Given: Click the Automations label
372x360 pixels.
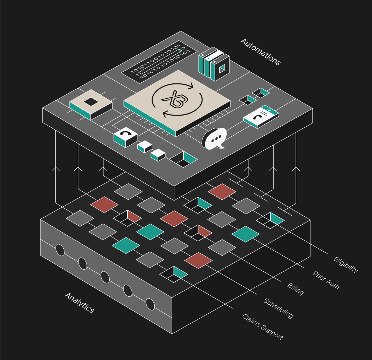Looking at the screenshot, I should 260,52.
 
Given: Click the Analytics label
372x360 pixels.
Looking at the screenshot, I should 79,303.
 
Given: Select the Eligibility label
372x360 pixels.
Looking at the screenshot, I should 346,265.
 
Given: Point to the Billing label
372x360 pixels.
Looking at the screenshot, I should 296,289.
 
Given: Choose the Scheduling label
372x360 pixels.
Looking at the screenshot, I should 278,308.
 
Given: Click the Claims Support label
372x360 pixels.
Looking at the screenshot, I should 262,327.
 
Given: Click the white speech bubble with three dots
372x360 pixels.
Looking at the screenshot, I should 215,138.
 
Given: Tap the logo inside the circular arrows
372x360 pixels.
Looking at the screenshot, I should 175,101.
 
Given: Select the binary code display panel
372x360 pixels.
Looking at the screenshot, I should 159,62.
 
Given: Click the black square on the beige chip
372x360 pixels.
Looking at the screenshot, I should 91,101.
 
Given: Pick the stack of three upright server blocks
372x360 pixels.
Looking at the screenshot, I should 214,64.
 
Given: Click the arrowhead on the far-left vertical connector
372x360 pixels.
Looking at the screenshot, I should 56,169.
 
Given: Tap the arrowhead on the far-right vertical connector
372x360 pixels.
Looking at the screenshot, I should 296,169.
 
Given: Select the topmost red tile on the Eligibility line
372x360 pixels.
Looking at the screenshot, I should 222,191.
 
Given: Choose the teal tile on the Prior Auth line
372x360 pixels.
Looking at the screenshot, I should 245,234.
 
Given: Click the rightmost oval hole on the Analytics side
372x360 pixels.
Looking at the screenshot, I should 150,304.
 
